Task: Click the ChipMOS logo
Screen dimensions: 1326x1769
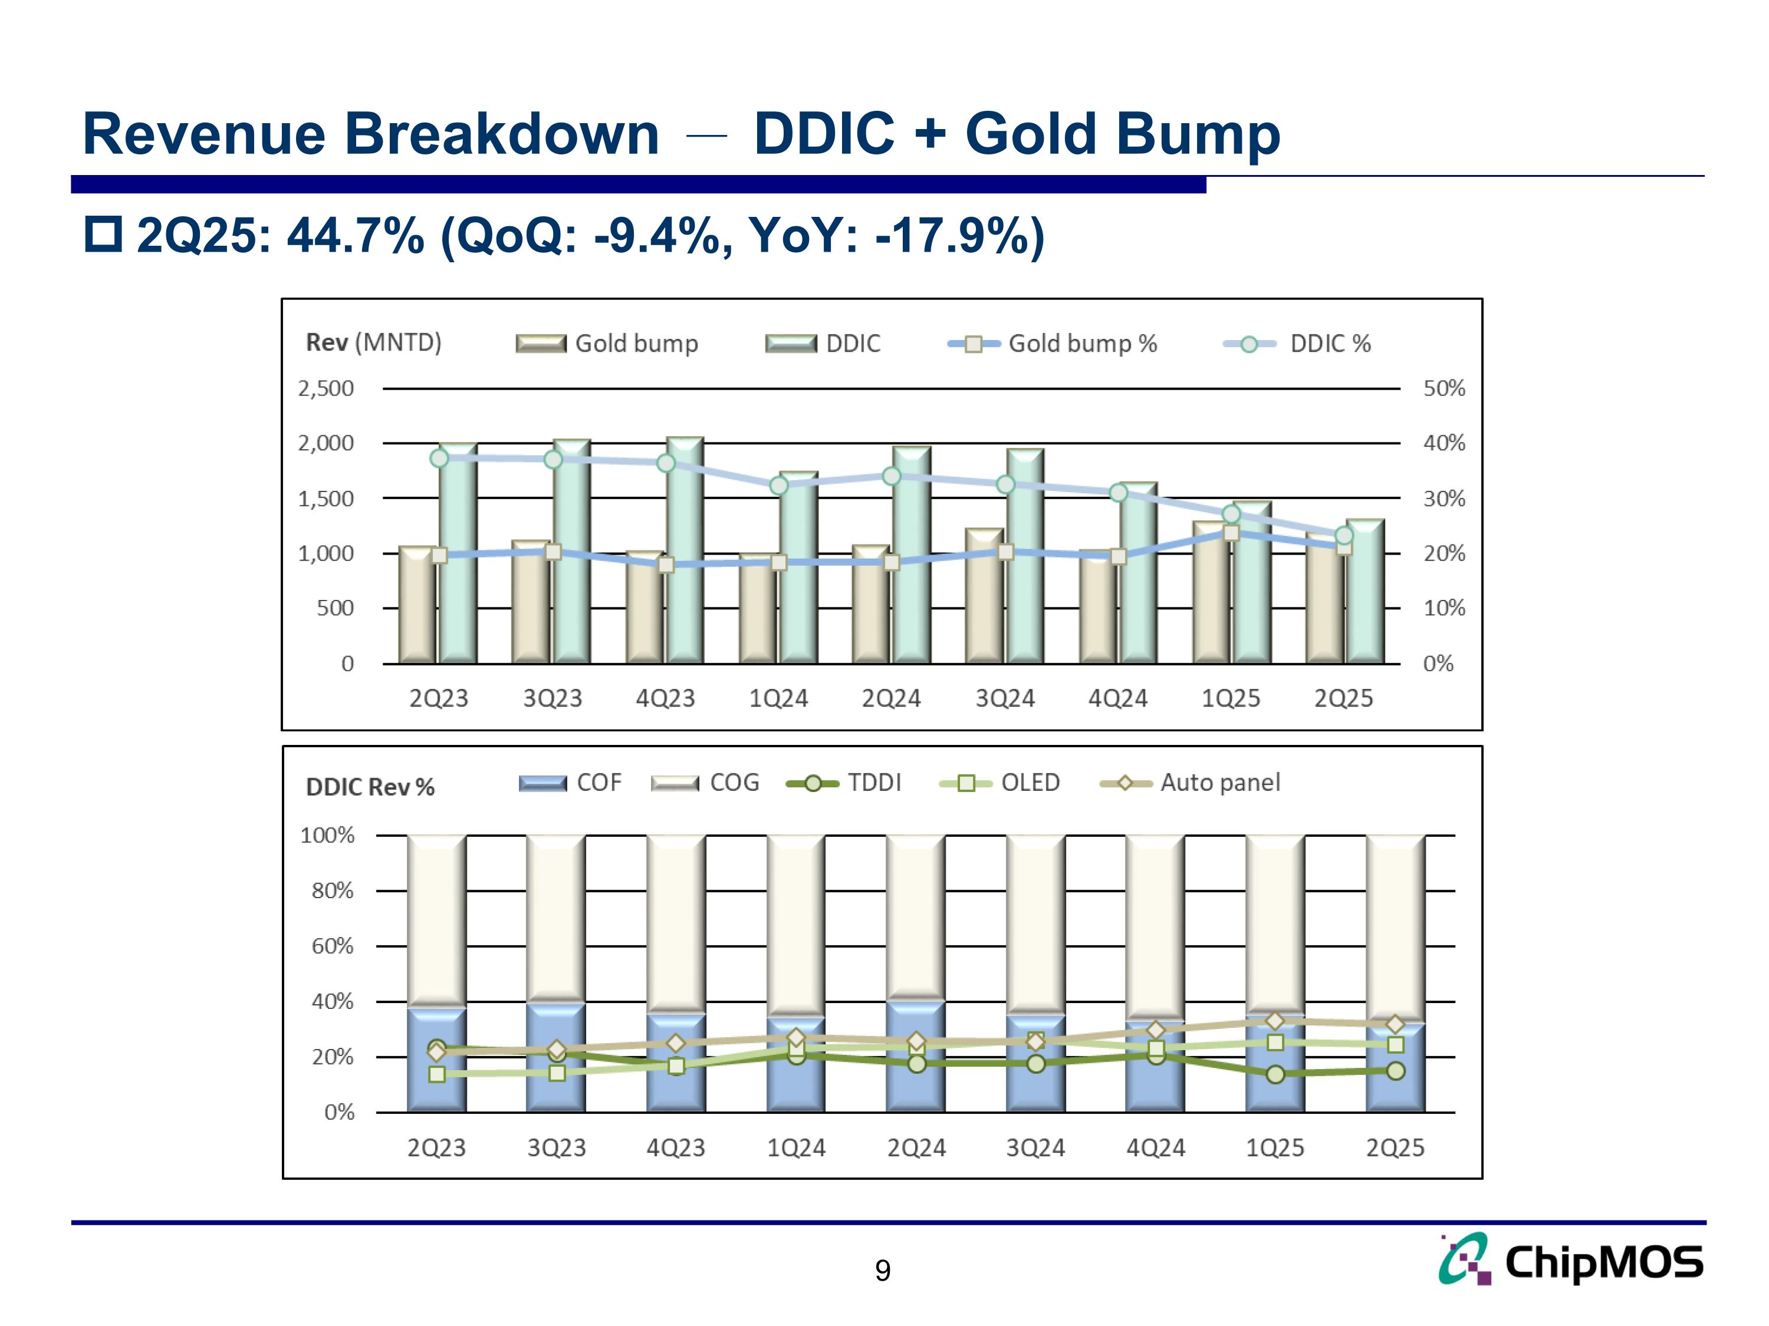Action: coord(1571,1261)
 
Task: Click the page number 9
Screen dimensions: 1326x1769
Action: coord(882,1270)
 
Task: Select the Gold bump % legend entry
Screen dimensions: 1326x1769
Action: coord(1053,344)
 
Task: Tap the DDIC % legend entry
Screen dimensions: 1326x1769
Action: coord(1297,344)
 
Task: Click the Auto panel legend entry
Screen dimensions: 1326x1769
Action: coord(1190,783)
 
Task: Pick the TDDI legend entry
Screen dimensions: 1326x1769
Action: coord(844,783)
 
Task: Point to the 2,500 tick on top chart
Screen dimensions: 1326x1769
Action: coord(325,388)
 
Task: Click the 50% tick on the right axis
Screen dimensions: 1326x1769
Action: coord(1444,388)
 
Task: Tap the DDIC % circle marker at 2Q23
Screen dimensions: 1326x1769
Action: coord(439,458)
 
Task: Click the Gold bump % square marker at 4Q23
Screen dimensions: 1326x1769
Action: coord(665,565)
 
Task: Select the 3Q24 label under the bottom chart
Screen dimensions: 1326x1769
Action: coord(1035,1148)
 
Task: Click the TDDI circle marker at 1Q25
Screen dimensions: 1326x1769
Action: coord(1275,1074)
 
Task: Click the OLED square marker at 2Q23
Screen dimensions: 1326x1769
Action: coord(438,1074)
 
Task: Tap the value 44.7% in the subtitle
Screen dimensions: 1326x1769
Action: coord(355,236)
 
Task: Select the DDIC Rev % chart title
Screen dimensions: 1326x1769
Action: coord(370,787)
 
